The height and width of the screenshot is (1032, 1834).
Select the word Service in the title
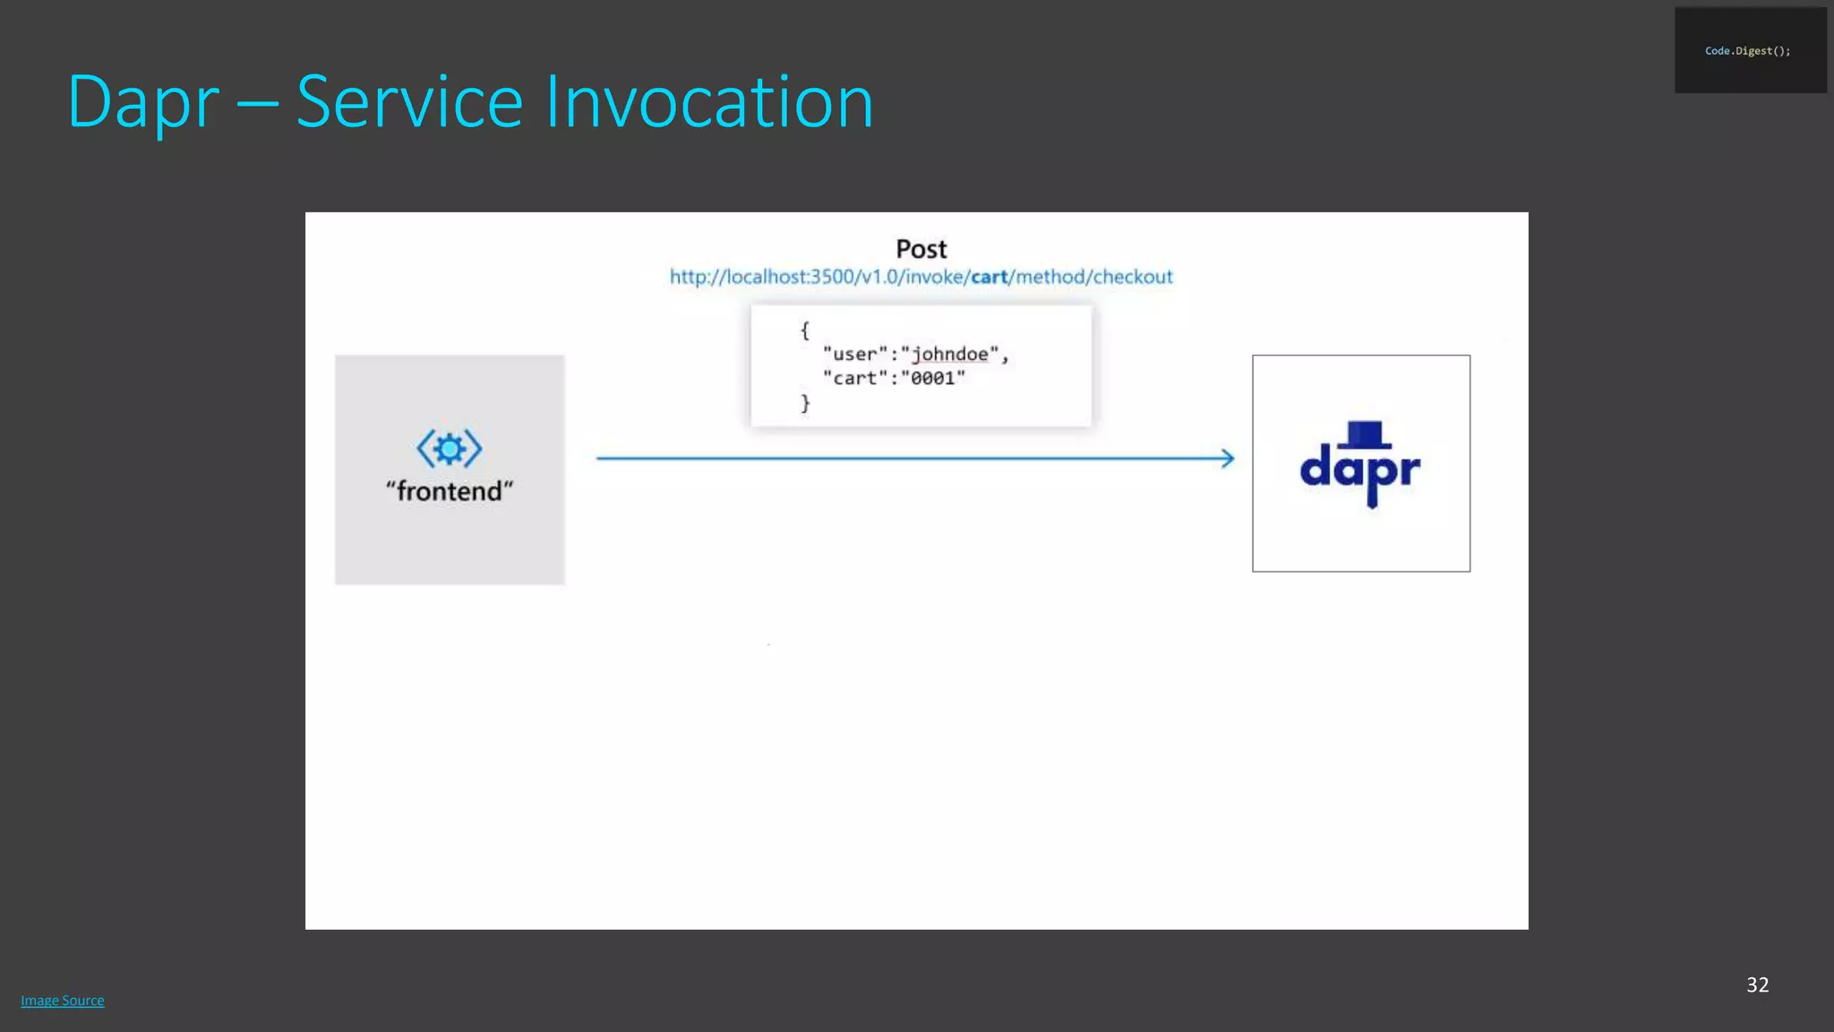409,102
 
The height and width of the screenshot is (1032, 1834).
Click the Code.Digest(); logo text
1747,51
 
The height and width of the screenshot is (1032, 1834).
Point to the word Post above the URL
921,249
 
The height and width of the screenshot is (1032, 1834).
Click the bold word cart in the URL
989,277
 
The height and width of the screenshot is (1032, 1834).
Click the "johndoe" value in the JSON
949,355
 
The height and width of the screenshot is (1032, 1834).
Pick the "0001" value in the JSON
933,379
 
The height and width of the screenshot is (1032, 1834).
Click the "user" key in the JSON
854,355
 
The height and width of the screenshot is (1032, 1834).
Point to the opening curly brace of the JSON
804,331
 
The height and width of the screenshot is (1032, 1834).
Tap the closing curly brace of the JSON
804,403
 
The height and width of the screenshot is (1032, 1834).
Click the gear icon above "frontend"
450,448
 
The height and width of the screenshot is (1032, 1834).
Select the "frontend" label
450,491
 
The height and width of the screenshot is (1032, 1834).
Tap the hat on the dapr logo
1365,434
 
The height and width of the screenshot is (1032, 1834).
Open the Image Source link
63,1001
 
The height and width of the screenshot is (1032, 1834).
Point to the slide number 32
1757,985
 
